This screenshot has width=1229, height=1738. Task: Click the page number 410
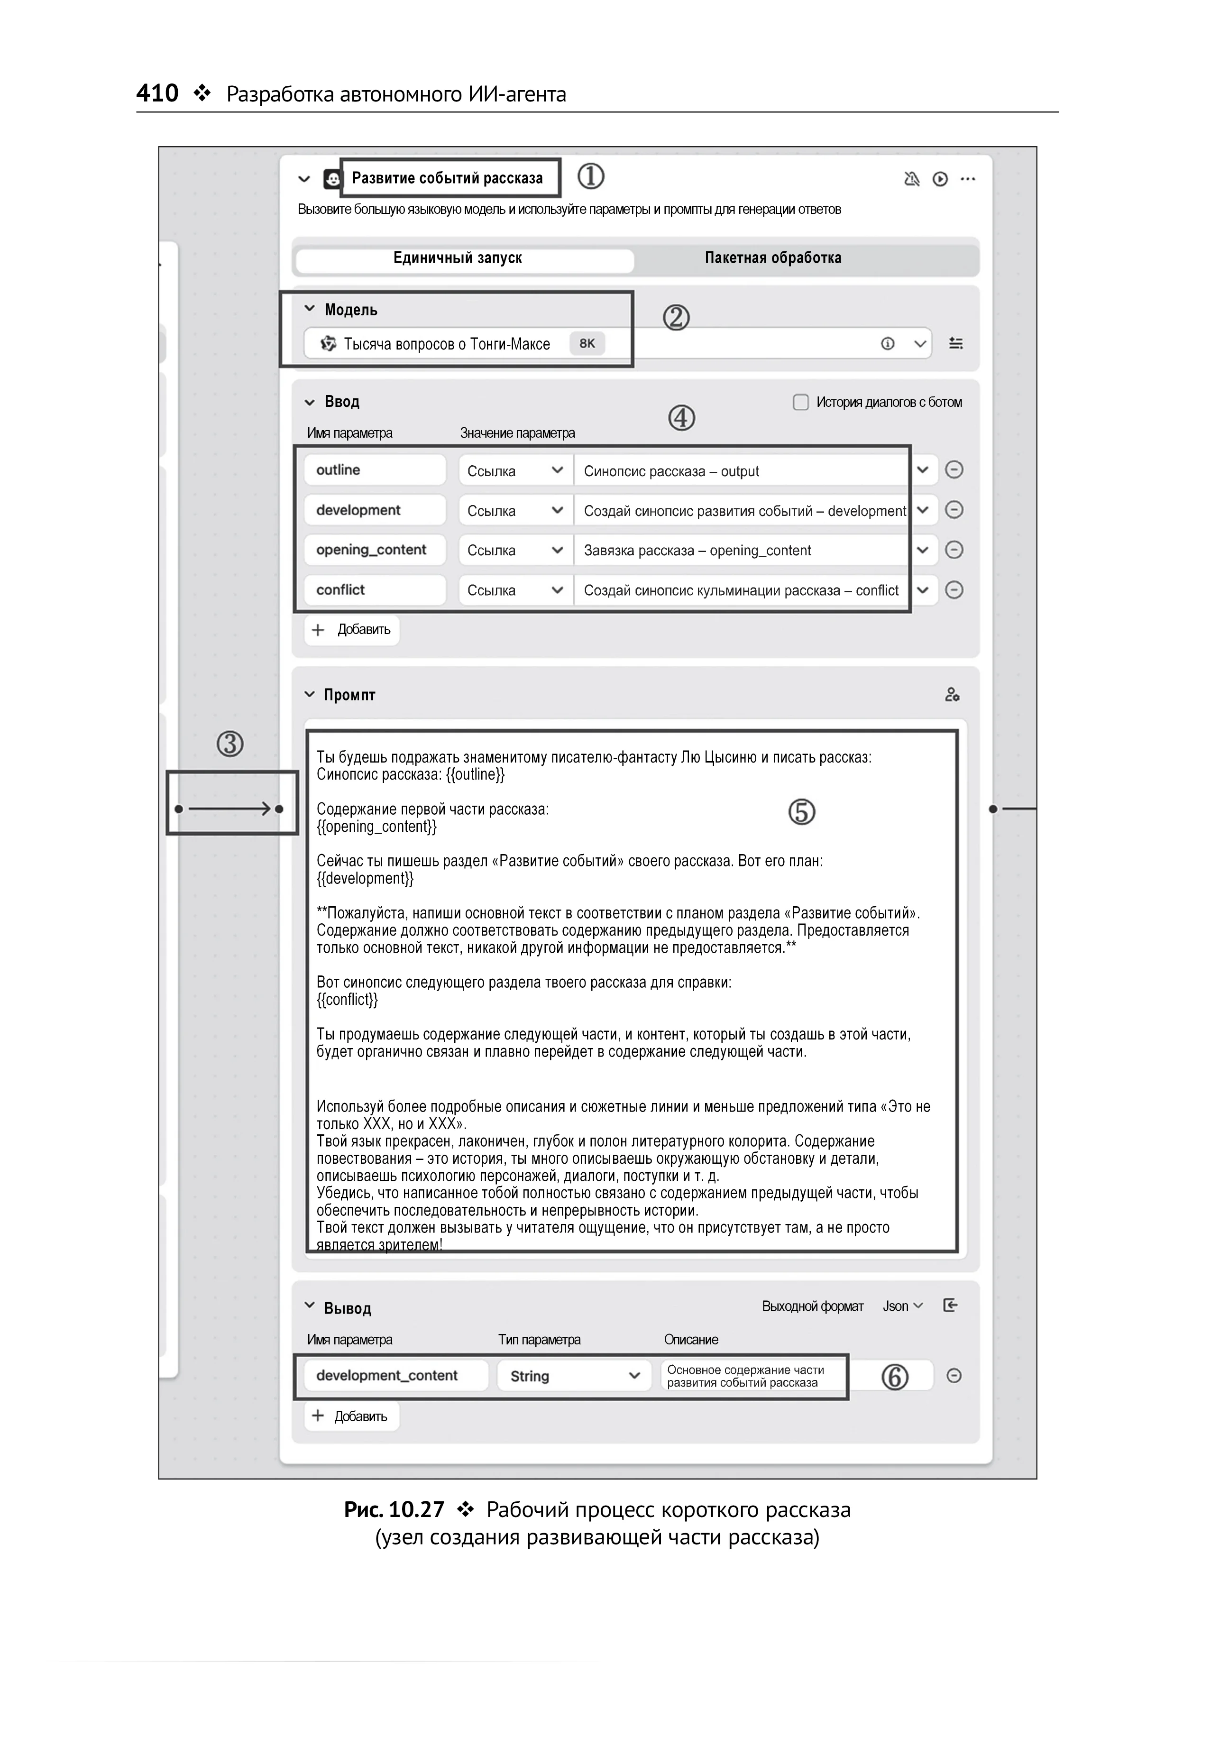(x=156, y=93)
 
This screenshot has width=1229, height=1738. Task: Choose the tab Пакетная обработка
(x=773, y=258)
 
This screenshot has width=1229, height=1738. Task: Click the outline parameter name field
(x=375, y=470)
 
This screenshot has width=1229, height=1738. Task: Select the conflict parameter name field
(x=375, y=589)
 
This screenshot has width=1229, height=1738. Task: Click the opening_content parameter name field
(x=375, y=550)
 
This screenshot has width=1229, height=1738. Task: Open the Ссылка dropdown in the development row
(x=514, y=511)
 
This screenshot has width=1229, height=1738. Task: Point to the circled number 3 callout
(x=230, y=744)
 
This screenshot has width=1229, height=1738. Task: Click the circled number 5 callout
(x=801, y=812)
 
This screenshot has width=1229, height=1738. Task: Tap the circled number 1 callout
(x=590, y=177)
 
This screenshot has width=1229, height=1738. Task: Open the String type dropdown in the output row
(x=574, y=1376)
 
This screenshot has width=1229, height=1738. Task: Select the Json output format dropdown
(x=902, y=1306)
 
